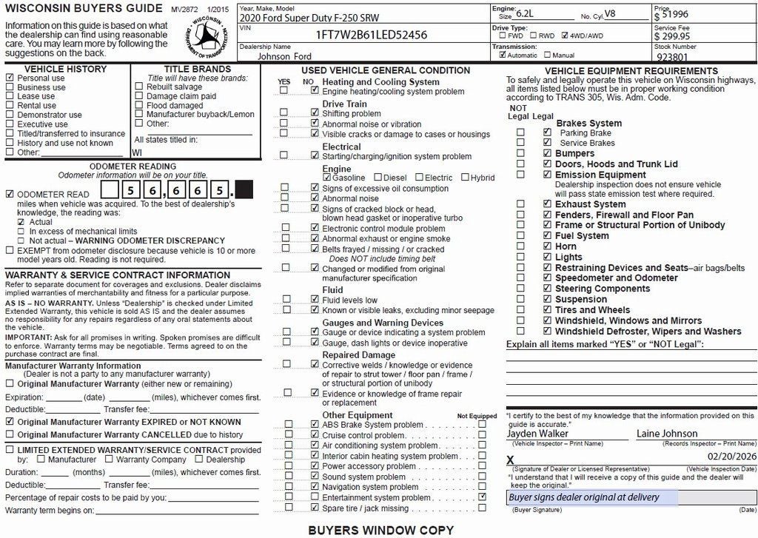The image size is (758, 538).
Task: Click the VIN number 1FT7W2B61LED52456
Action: (371, 35)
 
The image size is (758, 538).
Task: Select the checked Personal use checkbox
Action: (10, 78)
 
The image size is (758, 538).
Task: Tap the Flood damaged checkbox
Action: (139, 106)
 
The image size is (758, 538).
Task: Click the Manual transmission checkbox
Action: (547, 55)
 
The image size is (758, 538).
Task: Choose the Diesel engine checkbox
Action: (378, 178)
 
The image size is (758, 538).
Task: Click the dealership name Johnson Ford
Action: (285, 56)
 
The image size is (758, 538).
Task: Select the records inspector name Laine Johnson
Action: (667, 433)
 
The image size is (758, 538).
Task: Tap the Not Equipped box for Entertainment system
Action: (483, 497)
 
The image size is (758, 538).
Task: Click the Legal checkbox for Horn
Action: (547, 246)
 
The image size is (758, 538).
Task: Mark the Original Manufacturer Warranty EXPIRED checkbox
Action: (10, 422)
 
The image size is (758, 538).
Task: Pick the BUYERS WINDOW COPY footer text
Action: (380, 530)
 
